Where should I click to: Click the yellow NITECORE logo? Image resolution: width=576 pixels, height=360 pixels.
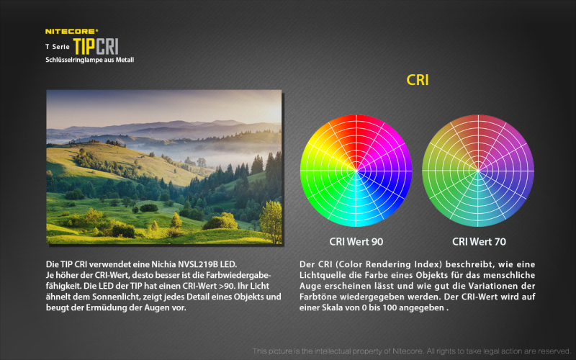coord(71,31)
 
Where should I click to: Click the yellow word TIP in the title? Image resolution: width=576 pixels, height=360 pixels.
coord(84,47)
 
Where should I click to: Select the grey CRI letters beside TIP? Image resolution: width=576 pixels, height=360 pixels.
coord(107,47)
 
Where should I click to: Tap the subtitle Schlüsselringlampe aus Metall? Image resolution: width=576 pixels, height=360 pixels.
coord(89,60)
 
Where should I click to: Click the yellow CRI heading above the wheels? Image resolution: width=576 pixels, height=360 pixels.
coord(418,80)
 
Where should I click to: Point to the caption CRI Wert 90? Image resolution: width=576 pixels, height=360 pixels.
coord(356,242)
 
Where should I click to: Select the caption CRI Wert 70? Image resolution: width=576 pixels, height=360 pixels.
coord(479,242)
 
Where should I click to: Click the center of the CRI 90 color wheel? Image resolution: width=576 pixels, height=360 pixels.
coord(356,171)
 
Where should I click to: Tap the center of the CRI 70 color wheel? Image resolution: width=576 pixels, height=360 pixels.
coord(478,171)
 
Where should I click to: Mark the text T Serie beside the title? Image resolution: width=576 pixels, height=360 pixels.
coord(58,47)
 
